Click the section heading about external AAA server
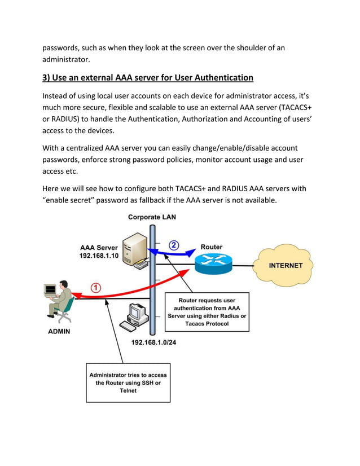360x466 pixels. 148,77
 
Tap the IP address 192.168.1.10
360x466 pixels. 99,256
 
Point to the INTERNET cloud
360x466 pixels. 286,265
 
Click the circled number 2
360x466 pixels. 174,245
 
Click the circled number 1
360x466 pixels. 96,287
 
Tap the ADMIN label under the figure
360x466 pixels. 59,331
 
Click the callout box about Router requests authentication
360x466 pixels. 207,312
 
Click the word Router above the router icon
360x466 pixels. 212,247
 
